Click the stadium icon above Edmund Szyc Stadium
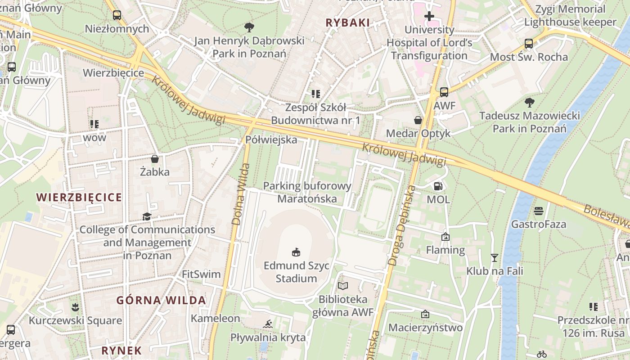point(296,252)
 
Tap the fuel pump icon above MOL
point(438,186)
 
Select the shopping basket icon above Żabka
point(155,159)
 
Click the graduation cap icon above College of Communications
point(147,216)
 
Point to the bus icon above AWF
point(444,92)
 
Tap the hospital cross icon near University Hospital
point(429,17)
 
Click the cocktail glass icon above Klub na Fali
point(495,258)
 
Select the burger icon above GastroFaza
point(539,211)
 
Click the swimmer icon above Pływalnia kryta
point(268,324)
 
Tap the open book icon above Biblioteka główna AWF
point(343,286)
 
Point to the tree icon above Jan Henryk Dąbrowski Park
point(249,27)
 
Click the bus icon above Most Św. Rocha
point(529,44)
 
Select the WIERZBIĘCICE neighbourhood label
point(79,197)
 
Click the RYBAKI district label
point(347,22)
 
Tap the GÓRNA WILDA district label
point(161,300)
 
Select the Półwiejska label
point(271,140)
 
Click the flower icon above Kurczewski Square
point(75,307)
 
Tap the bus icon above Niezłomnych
point(117,15)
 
